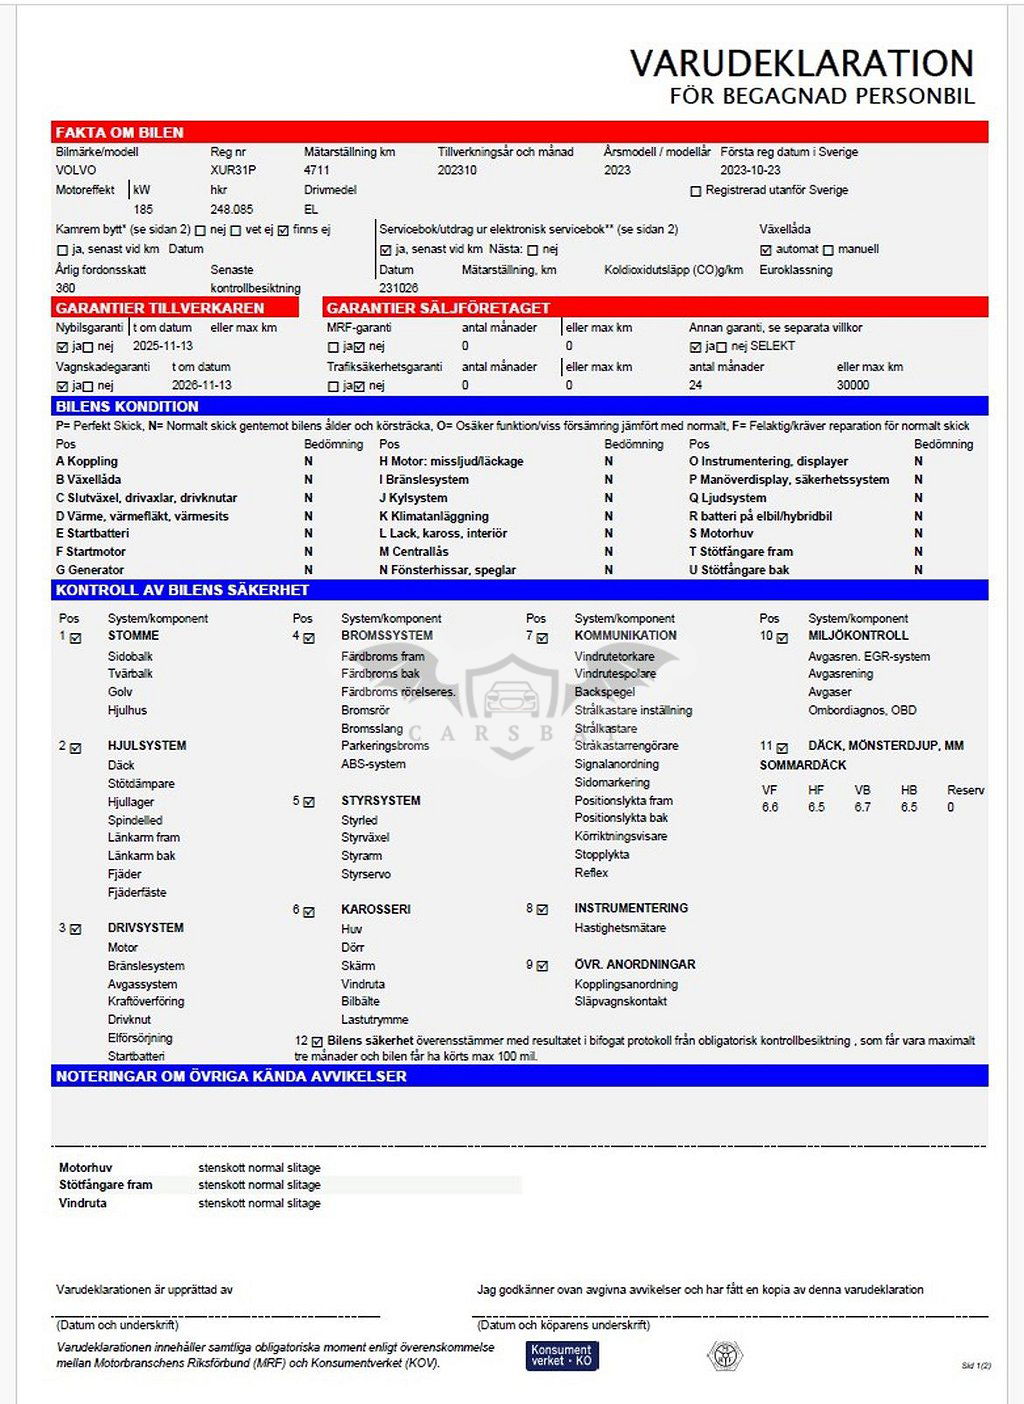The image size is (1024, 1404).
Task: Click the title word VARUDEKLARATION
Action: click(801, 64)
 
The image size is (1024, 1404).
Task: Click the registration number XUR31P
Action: click(233, 170)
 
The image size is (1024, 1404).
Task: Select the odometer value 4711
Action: click(316, 170)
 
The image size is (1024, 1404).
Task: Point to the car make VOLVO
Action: click(76, 170)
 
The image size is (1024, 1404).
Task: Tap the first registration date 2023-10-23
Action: click(750, 170)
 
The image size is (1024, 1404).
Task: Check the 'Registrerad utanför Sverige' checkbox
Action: click(696, 191)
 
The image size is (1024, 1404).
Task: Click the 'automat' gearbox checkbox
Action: click(766, 250)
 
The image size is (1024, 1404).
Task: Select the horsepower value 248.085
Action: click(231, 210)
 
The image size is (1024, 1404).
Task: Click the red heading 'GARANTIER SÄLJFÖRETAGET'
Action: click(438, 308)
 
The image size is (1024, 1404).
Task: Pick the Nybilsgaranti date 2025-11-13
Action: click(163, 346)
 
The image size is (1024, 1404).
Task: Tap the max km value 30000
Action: click(853, 385)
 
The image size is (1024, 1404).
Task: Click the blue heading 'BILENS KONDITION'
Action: click(127, 407)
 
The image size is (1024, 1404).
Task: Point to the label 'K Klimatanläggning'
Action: click(434, 516)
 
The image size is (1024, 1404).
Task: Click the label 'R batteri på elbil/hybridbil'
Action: click(760, 516)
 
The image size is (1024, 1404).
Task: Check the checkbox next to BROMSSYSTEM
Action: click(309, 638)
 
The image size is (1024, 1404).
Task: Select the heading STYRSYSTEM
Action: click(380, 801)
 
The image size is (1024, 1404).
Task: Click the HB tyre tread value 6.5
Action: click(908, 807)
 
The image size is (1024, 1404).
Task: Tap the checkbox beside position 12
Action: click(317, 1042)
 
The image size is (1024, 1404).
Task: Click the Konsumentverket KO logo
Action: click(562, 1355)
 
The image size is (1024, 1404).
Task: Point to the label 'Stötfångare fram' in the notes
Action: click(106, 1185)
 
